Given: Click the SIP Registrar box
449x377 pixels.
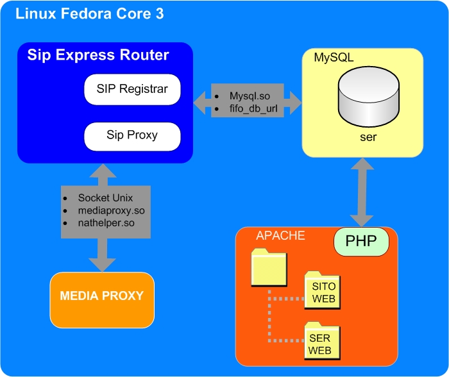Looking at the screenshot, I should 133,90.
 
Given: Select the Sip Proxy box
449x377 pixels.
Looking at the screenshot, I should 132,135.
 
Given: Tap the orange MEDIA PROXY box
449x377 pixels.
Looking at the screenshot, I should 102,297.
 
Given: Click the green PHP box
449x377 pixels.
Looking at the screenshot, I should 361,242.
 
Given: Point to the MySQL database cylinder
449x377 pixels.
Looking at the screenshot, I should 363,99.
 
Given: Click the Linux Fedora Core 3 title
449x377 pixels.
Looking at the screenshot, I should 89,13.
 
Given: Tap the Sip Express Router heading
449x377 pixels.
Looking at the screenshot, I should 98,55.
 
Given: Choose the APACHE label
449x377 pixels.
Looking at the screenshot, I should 280,235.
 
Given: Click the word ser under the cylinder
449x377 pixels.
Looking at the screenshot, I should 363,137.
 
